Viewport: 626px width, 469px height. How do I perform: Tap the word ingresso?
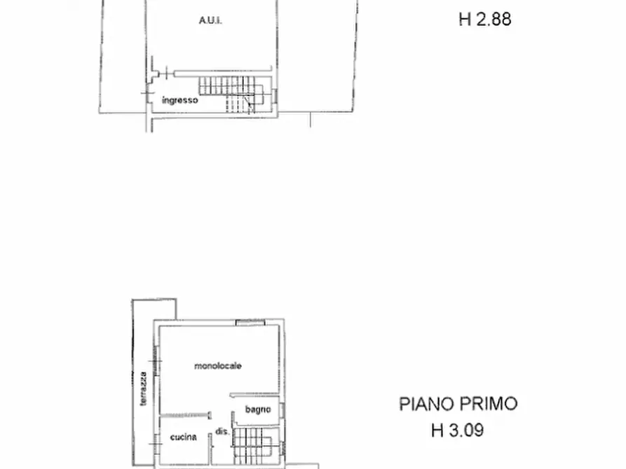[180, 100]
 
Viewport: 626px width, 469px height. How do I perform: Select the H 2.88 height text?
[484, 19]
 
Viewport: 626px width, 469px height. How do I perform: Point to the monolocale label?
[218, 365]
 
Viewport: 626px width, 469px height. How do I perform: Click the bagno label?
[254, 409]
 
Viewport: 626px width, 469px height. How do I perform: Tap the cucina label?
[183, 437]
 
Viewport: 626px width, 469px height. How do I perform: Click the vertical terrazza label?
[143, 388]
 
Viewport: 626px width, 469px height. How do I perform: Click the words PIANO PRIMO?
[458, 404]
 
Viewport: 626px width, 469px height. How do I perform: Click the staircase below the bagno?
[255, 444]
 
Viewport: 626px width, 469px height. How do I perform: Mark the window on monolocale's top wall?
[250, 322]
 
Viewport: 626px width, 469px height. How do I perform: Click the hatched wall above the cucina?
[186, 414]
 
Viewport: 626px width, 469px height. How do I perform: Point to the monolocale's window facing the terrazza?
[156, 361]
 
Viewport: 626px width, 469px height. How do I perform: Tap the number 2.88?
[494, 19]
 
